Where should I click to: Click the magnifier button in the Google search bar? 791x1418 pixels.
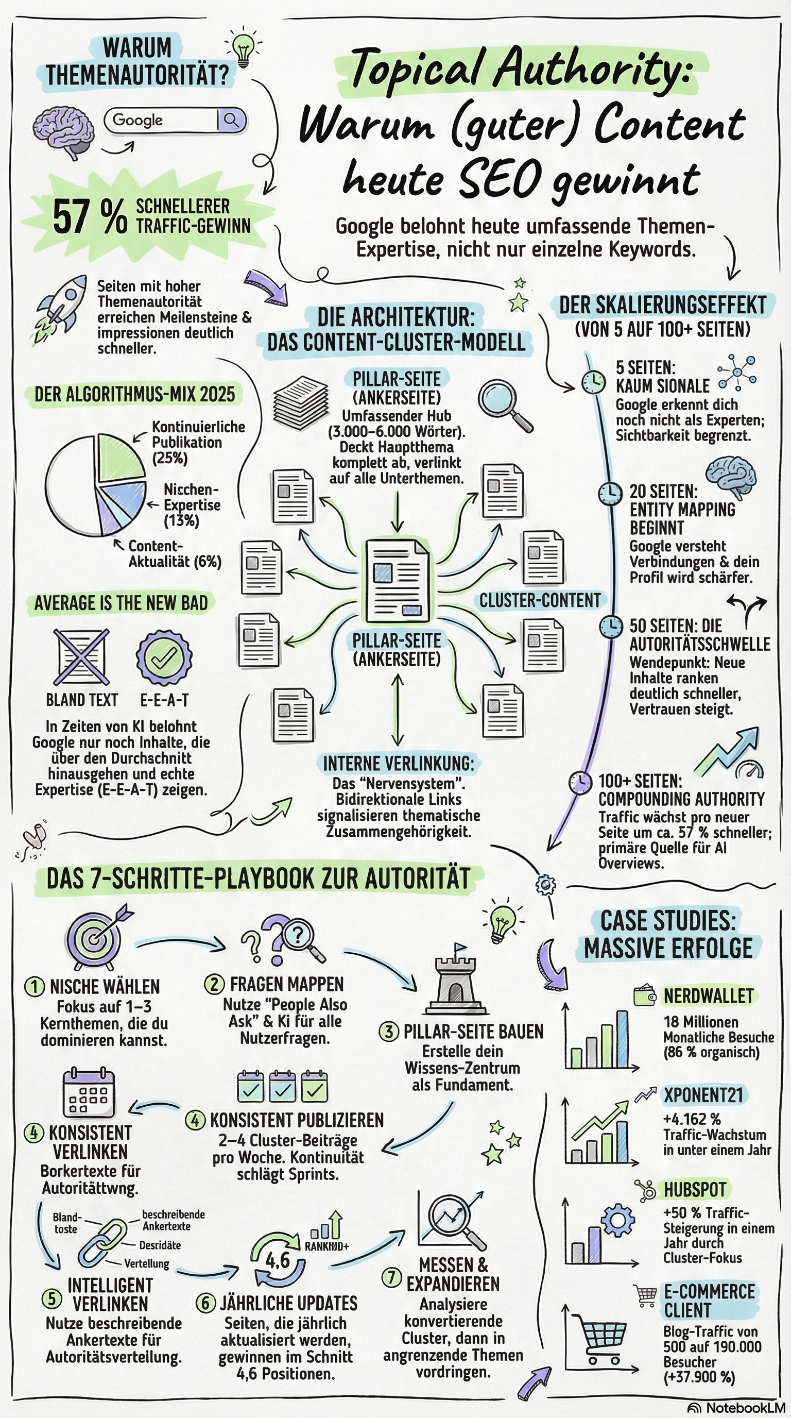pos(231,120)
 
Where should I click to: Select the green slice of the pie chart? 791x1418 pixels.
pos(119,459)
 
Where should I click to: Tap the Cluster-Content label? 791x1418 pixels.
pos(540,600)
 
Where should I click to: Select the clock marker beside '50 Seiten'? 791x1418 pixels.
pos(611,626)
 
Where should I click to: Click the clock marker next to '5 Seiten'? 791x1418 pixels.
pos(593,381)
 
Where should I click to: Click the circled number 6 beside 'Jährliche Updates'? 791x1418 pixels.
pos(205,1303)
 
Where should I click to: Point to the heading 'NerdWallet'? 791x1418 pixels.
pos(708,997)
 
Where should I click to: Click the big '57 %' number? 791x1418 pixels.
pos(90,217)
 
